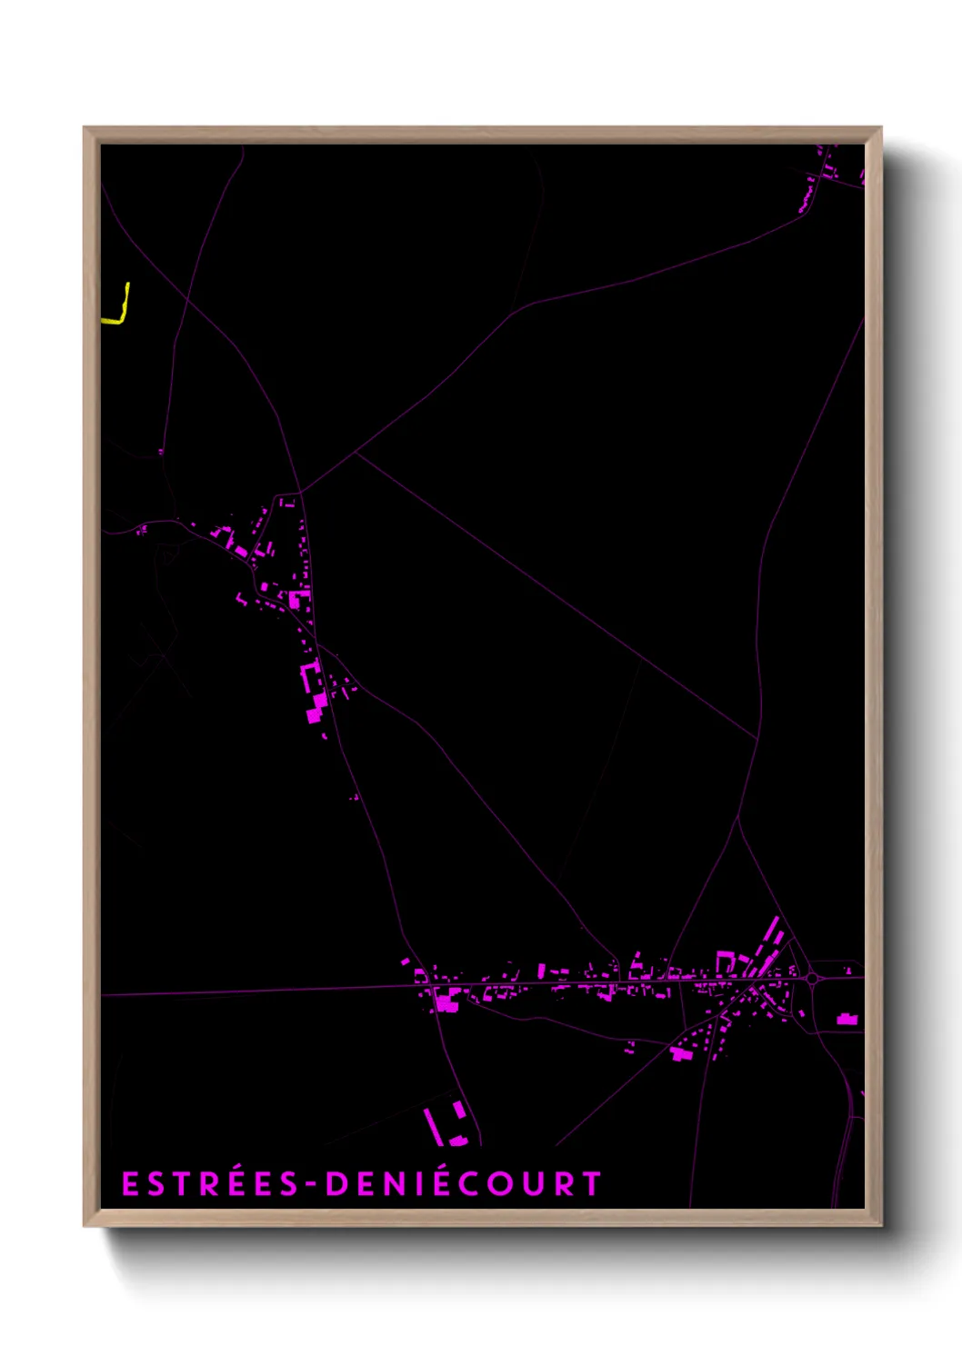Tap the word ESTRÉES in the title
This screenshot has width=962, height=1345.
click(210, 1184)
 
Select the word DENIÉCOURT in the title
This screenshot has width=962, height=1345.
click(464, 1184)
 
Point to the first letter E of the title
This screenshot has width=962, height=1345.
click(130, 1184)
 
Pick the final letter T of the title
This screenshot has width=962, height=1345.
click(592, 1184)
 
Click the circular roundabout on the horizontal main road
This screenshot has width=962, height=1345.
click(812, 979)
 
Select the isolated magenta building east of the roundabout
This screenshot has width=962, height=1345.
click(847, 1020)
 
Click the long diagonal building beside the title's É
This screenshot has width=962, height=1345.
click(433, 1126)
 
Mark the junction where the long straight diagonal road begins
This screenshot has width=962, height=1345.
click(356, 453)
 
